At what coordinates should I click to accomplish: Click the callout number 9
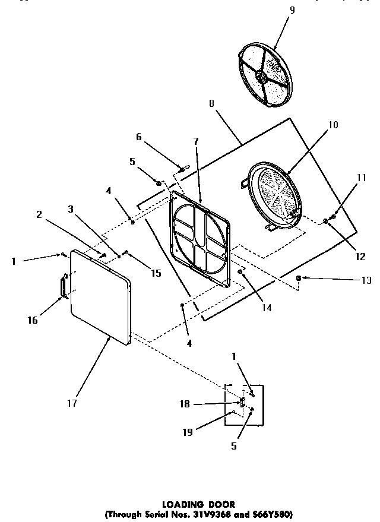point(292,10)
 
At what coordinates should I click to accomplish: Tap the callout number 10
point(332,125)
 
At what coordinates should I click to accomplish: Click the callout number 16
point(32,320)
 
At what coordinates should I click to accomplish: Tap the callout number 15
point(156,273)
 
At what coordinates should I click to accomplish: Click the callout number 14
point(267,308)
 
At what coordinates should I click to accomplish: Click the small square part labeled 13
point(299,278)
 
